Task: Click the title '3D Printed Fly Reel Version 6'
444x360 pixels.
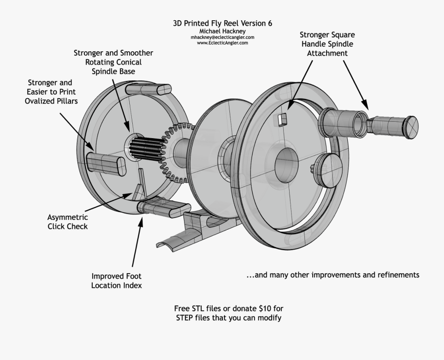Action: [x=222, y=23]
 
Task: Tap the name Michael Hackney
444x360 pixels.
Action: [x=222, y=31]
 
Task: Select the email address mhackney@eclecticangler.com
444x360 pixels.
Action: [x=222, y=37]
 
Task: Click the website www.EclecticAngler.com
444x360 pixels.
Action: [x=222, y=43]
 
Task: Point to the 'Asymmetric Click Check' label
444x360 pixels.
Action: [x=68, y=222]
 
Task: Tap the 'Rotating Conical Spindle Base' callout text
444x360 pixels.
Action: [x=113, y=62]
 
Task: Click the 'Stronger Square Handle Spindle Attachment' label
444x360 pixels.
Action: [x=327, y=44]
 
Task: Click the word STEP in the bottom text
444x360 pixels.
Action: [x=186, y=318]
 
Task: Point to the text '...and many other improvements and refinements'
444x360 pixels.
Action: [x=333, y=275]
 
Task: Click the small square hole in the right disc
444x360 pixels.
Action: [x=282, y=118]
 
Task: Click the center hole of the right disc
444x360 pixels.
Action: [x=286, y=162]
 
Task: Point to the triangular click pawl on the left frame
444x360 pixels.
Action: [x=140, y=182]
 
